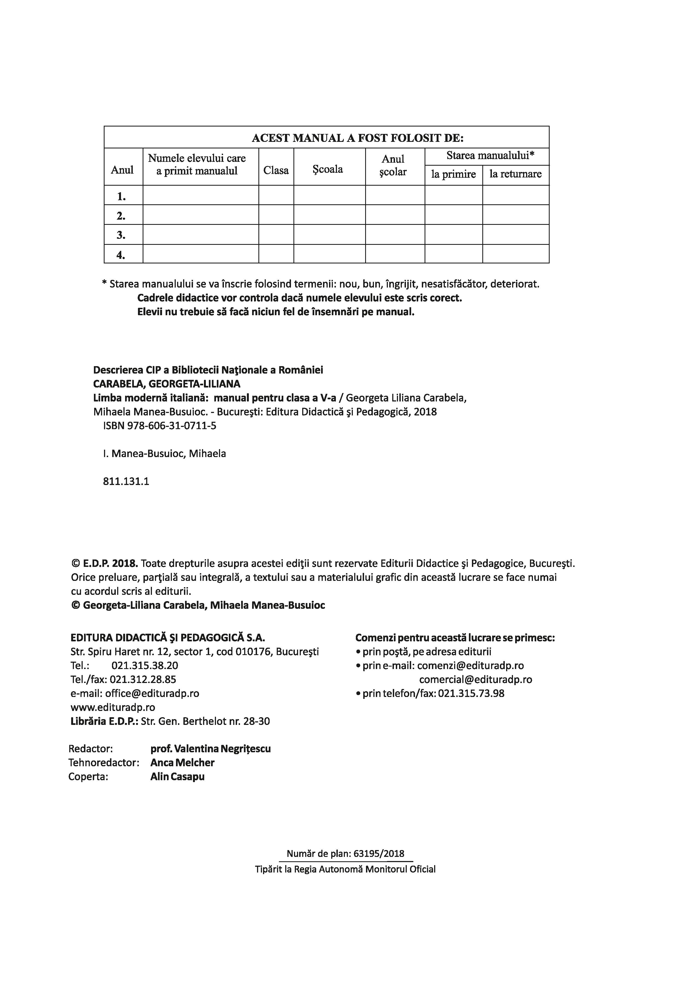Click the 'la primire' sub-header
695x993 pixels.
453,174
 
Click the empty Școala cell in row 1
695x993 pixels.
329,195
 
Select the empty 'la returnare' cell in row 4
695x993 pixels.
516,254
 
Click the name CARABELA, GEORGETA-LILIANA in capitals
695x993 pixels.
167,384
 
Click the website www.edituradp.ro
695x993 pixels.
113,707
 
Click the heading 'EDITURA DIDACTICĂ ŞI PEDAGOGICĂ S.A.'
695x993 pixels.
168,638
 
